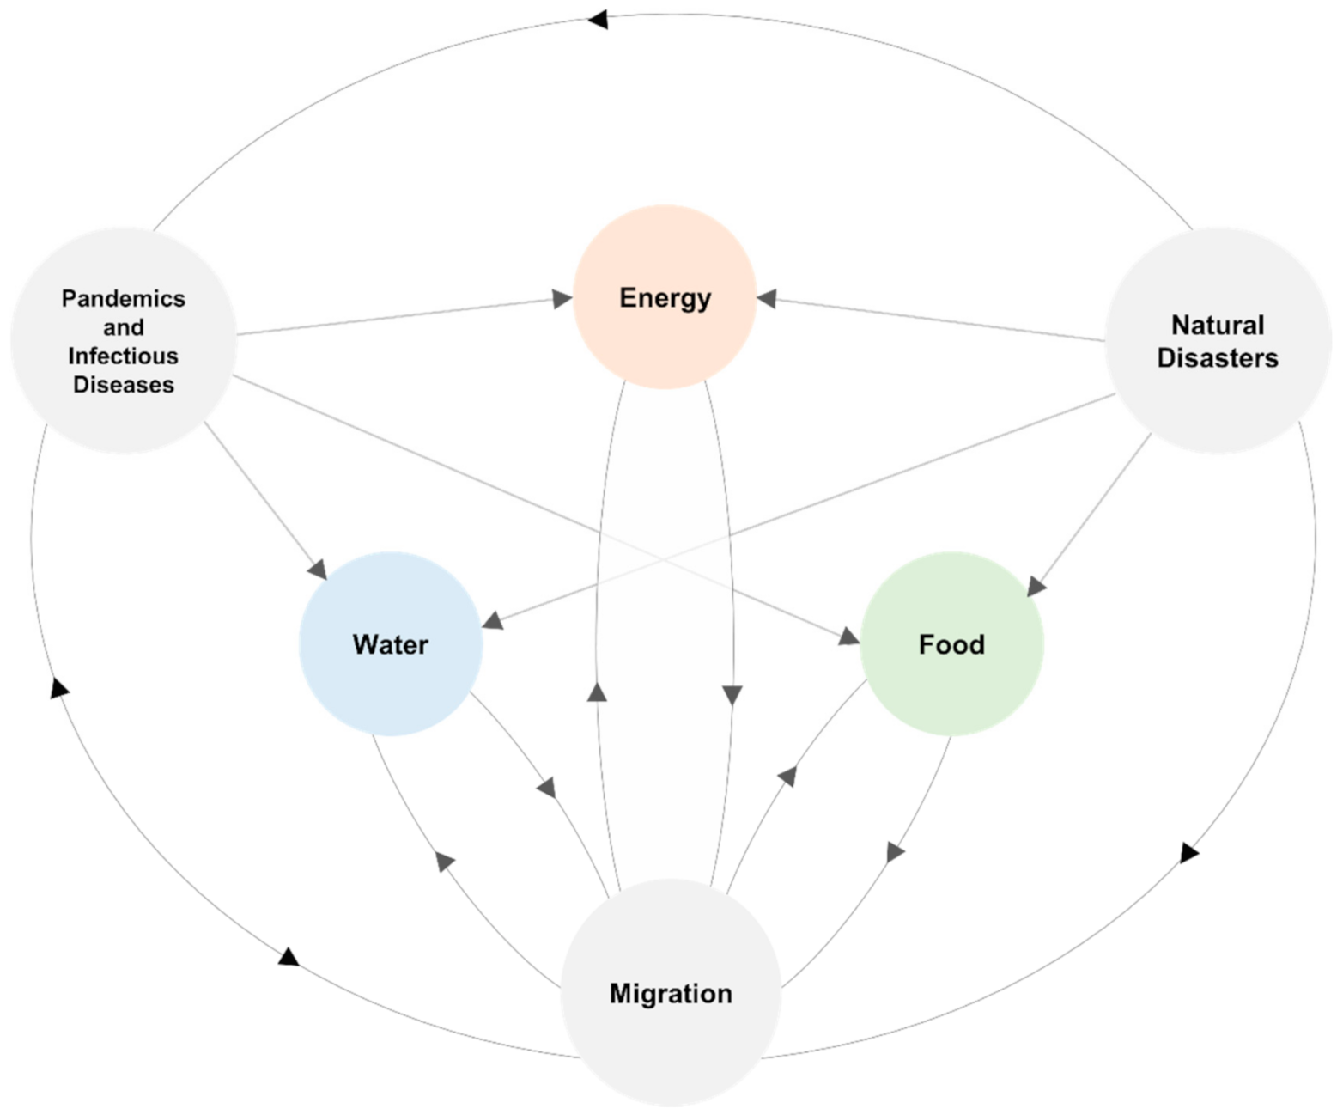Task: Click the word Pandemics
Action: (x=124, y=298)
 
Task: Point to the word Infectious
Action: (x=124, y=356)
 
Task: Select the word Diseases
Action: (x=124, y=384)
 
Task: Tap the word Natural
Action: (x=1217, y=325)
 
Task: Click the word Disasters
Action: (x=1217, y=357)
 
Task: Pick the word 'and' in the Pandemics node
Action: (x=124, y=327)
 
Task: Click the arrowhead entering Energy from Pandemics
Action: (x=562, y=299)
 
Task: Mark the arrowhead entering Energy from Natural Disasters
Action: (x=767, y=299)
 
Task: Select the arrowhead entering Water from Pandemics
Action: (x=318, y=569)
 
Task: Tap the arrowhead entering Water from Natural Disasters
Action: (x=493, y=619)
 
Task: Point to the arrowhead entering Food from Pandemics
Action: (x=848, y=637)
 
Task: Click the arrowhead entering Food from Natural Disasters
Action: (x=1036, y=586)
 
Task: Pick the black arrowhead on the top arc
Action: (x=599, y=19)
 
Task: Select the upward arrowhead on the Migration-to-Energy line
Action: (x=597, y=692)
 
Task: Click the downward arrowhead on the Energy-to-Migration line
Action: (x=732, y=695)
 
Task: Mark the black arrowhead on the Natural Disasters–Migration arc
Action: (x=1189, y=852)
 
